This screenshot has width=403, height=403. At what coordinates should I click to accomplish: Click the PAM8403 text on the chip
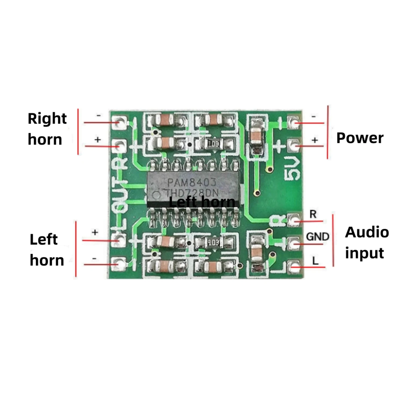[192, 183]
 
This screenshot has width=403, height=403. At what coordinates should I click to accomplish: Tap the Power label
[360, 138]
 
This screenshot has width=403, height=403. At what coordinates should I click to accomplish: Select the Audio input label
[367, 242]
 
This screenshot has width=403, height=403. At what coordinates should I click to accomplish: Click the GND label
[318, 237]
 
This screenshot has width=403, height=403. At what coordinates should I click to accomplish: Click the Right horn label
[47, 129]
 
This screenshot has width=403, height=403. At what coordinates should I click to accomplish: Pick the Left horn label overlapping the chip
[202, 202]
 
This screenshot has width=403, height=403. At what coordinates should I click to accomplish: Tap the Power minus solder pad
[294, 122]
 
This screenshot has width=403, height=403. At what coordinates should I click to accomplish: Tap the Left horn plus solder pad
[119, 240]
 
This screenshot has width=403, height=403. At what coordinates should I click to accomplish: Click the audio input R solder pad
[294, 220]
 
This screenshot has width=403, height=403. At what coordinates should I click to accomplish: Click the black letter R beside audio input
[313, 214]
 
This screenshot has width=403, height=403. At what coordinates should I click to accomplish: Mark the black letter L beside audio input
[315, 261]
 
